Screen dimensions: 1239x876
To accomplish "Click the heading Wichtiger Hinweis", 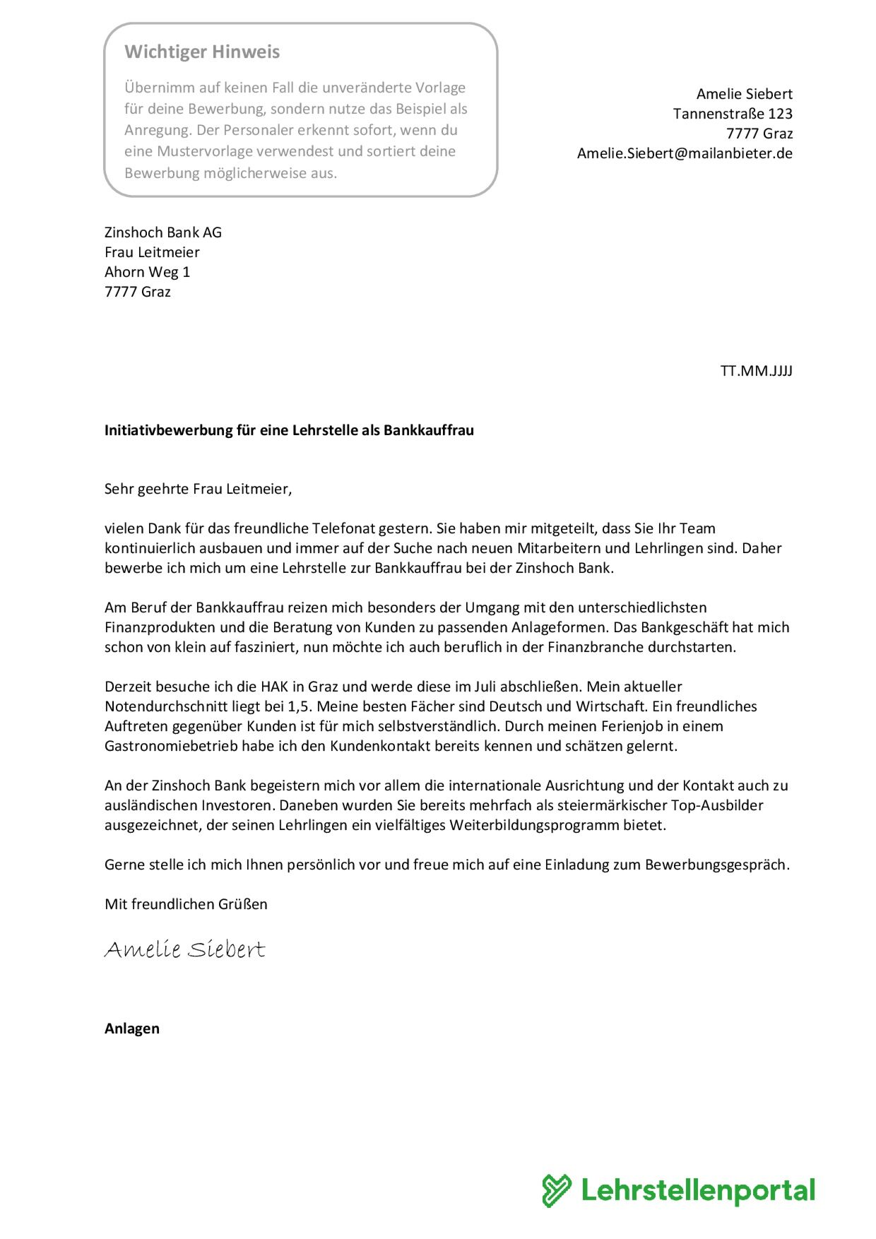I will (x=202, y=52).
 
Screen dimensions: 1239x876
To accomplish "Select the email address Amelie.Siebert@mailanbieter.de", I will (x=684, y=153).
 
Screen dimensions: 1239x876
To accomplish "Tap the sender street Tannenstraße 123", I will (x=732, y=114).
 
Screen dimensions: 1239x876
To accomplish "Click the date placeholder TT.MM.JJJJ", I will (x=756, y=371).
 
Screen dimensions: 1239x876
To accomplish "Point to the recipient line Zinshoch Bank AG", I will (x=163, y=232).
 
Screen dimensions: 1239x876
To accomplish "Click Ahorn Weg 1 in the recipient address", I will (x=147, y=272).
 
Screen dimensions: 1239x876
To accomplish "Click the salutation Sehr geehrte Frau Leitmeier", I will (x=198, y=489).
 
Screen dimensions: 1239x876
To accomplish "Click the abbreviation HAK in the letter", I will (x=274, y=687).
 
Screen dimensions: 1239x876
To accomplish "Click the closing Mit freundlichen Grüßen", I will (x=186, y=904).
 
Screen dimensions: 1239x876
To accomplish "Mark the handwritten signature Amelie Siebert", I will (x=185, y=949).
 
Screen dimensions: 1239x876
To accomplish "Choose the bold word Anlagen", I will (x=132, y=1028).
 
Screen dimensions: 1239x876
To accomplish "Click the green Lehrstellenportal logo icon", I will (x=557, y=1190).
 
